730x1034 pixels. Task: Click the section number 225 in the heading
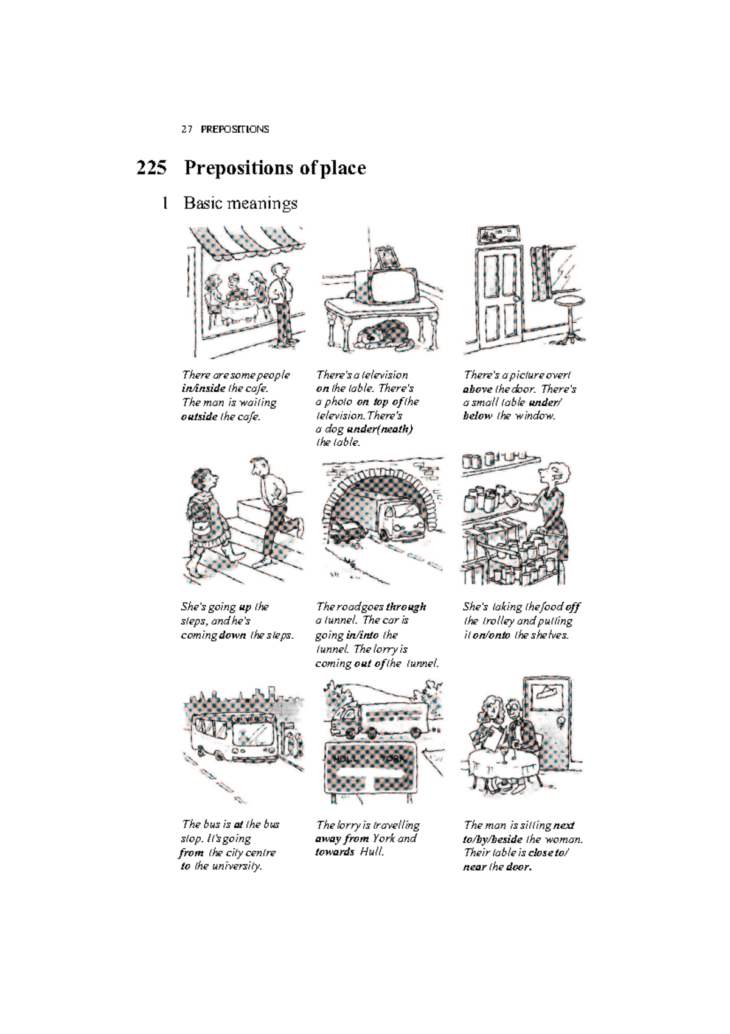tap(151, 167)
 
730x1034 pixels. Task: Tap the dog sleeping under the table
tap(381, 336)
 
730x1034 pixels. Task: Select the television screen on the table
tap(392, 284)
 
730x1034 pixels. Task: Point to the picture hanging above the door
tap(498, 236)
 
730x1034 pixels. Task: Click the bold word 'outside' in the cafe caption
tap(199, 417)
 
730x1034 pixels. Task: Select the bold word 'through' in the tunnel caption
tap(406, 607)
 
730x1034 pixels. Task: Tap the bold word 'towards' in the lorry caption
tap(335, 852)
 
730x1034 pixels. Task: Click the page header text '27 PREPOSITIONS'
tap(225, 129)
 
